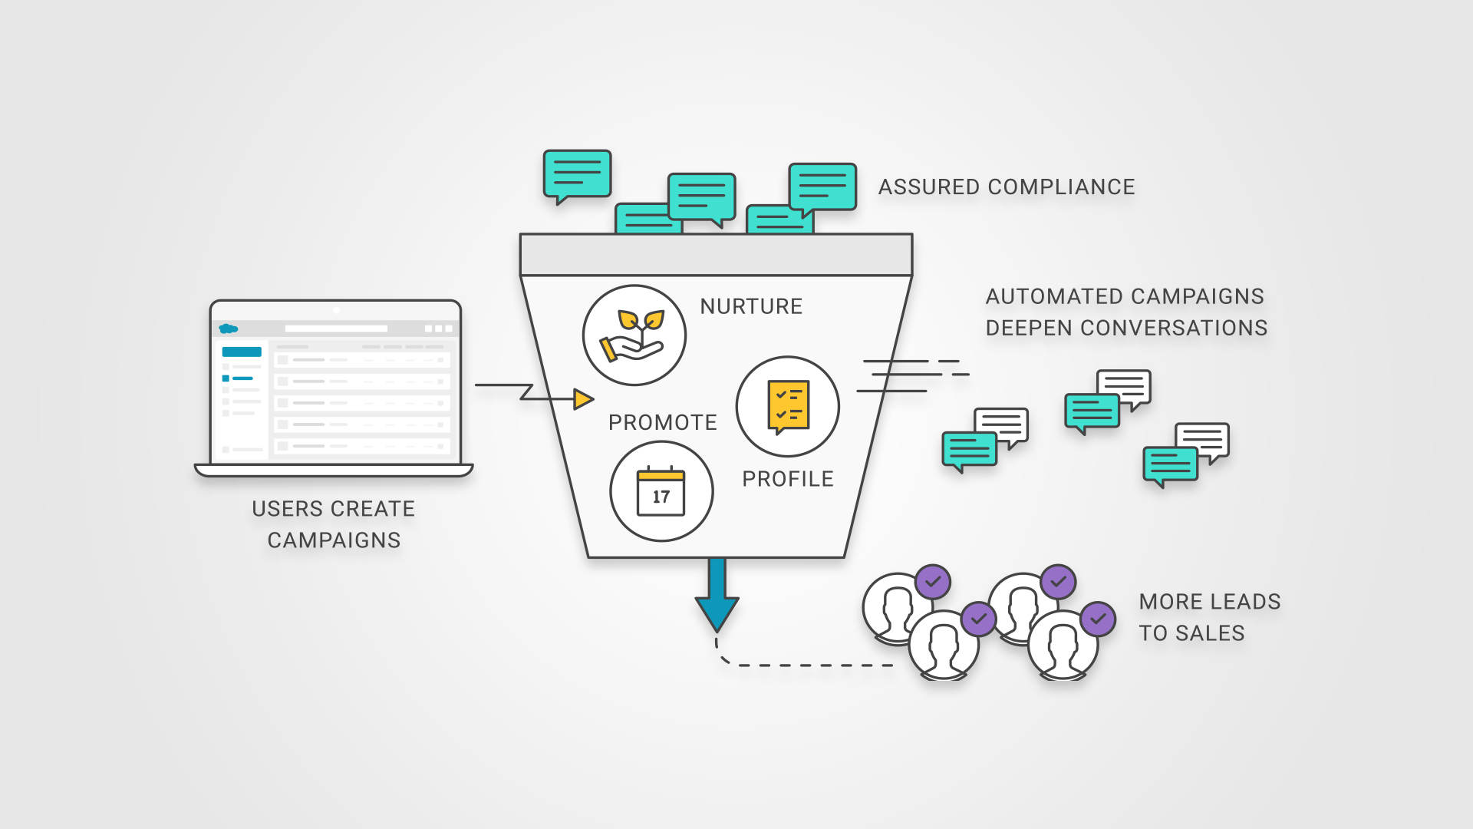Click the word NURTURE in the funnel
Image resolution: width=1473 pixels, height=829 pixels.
[750, 306]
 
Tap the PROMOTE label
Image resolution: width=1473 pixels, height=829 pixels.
[662, 422]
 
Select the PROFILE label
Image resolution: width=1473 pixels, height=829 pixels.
[787, 479]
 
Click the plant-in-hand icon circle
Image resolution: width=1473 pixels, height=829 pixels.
[634, 335]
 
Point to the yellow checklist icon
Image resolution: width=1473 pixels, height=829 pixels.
[788, 406]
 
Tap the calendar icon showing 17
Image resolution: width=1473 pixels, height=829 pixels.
[661, 491]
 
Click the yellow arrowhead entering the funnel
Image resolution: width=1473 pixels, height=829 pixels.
[583, 399]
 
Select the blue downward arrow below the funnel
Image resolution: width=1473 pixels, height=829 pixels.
[717, 595]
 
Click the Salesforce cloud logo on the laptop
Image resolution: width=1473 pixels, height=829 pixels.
[228, 329]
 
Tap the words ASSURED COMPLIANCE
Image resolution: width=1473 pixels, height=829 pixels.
[1006, 187]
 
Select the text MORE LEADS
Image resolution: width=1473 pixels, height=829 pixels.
[1209, 602]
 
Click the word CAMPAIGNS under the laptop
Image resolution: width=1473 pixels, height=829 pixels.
[334, 540]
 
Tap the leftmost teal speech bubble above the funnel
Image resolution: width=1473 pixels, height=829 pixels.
[577, 174]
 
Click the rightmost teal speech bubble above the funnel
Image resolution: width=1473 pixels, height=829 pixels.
[822, 187]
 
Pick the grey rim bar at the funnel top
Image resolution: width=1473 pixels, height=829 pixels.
[716, 255]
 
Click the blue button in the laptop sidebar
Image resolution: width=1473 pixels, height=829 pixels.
[242, 352]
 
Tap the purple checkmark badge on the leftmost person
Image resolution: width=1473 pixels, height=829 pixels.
[932, 582]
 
